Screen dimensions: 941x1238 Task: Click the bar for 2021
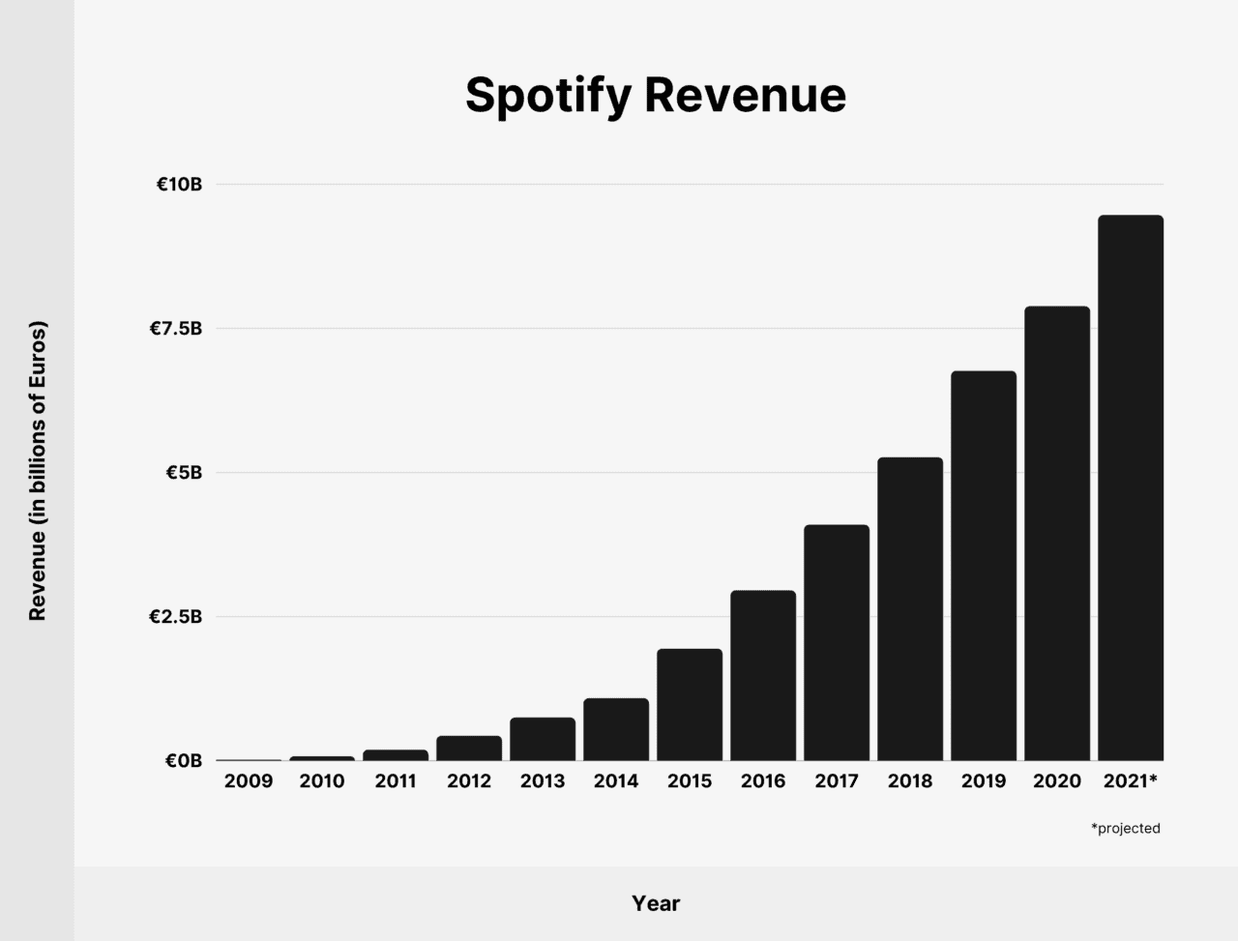[x=1131, y=488]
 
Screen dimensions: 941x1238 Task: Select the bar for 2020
[x=1057, y=534]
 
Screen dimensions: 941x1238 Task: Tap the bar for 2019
[x=984, y=566]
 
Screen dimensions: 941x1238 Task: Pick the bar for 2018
[x=910, y=609]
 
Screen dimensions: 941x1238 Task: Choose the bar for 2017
[x=837, y=643]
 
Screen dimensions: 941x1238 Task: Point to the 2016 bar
[x=763, y=676]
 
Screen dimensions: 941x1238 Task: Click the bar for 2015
[x=690, y=705]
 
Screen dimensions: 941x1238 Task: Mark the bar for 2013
[x=543, y=740]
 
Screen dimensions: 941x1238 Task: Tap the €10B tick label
[x=179, y=185]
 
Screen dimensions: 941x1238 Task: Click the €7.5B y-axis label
[x=175, y=329]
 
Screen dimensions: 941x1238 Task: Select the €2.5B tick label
[x=175, y=617]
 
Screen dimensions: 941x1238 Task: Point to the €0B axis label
[x=183, y=761]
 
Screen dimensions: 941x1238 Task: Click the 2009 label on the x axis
[x=249, y=781]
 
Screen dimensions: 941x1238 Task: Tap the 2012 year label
[x=469, y=781]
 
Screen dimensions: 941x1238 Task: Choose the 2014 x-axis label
[x=616, y=781]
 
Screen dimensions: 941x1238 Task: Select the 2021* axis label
[x=1130, y=781]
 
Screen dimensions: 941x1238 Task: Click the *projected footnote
[x=1125, y=829]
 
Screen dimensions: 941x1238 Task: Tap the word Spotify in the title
[x=546, y=96]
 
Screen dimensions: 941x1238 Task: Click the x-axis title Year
[x=656, y=903]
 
